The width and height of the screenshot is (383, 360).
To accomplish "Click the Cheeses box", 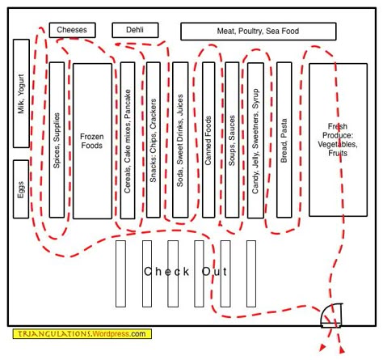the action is point(72,30).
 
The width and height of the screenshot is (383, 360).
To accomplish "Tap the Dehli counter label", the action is point(135,30).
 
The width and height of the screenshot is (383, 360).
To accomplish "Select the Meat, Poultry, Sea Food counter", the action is point(259,32).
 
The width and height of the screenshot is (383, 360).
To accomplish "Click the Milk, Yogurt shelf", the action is point(21,93).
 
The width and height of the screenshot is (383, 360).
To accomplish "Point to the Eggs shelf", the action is point(21,189).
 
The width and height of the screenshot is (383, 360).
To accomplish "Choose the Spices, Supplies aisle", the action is point(57,140).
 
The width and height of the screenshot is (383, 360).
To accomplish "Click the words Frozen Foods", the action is point(92,141).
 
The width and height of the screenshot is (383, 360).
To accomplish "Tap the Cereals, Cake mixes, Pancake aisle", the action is point(128,141).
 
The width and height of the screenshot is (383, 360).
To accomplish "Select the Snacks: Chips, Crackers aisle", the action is point(154,140).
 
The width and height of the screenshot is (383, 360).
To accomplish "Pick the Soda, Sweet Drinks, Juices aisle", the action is point(180,140).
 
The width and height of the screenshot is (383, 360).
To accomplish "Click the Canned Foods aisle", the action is point(208,140).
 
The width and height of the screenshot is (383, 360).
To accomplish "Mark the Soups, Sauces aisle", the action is point(232,140).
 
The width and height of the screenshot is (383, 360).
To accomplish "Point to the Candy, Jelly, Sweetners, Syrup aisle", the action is point(255,141).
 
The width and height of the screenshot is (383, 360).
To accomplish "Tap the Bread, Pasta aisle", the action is point(284,140).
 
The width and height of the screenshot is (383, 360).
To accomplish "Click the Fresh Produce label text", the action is point(338,140).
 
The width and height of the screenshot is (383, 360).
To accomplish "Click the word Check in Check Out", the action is point(166,272).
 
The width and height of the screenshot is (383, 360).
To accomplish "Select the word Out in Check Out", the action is point(214,272).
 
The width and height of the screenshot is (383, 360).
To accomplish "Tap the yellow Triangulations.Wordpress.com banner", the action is point(82,334).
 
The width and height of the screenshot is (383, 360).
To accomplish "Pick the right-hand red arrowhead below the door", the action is point(342,350).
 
